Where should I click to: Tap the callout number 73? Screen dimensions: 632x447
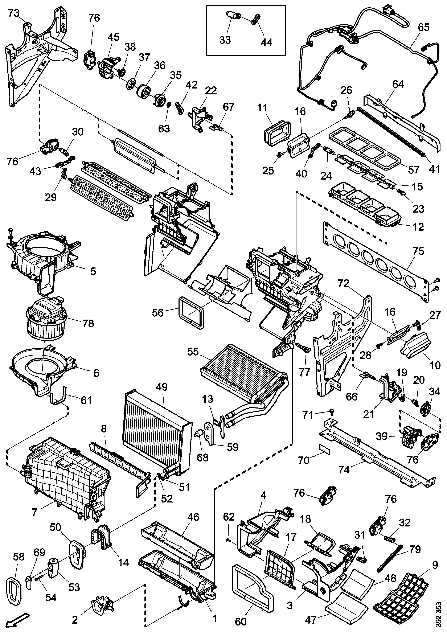click(14, 13)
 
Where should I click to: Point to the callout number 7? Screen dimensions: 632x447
click(34, 512)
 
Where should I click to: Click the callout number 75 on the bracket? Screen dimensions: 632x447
click(418, 251)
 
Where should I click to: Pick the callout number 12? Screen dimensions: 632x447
click(418, 227)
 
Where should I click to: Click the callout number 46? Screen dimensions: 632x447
click(193, 517)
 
